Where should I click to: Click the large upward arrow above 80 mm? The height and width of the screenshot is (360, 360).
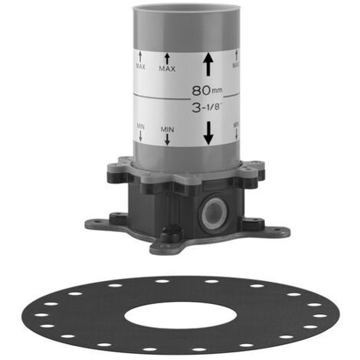(x=208, y=64)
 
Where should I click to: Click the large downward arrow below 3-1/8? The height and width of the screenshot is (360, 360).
(x=208, y=133)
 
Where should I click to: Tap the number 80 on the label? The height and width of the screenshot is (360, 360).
(x=201, y=90)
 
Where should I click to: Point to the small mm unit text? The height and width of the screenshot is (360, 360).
(x=217, y=90)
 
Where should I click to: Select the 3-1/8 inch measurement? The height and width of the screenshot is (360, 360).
(x=206, y=108)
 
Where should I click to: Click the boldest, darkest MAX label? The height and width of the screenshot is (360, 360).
(x=167, y=69)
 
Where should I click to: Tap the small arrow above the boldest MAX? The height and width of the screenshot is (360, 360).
(x=167, y=58)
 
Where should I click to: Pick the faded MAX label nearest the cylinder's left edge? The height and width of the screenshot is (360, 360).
(x=140, y=67)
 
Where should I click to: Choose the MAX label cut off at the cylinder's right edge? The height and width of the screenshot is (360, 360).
(x=236, y=65)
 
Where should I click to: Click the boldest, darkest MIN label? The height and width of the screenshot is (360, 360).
(x=167, y=129)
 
